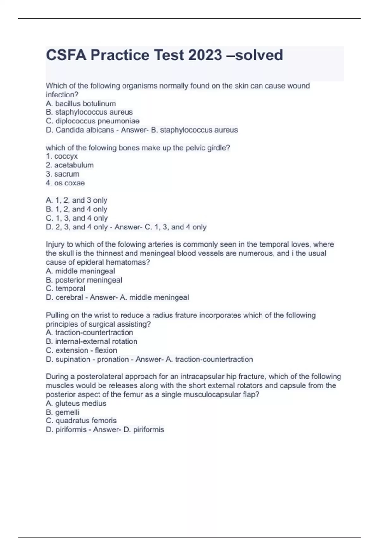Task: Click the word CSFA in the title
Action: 66,55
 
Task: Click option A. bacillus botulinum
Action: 81,103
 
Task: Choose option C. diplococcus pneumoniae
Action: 93,121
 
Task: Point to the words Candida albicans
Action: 85,130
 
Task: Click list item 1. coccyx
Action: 62,156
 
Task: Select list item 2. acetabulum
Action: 70,165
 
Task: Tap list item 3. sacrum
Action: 63,174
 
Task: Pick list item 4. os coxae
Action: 65,183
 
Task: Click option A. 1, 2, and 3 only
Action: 77,200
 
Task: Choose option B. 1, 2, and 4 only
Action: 77,209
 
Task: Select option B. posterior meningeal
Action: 84,280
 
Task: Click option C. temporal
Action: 66,289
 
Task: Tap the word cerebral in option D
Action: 69,297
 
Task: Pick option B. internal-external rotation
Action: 92,341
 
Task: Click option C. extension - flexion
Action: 81,350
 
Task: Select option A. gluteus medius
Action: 76,403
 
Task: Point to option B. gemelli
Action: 63,412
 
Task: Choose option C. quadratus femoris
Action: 81,421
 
